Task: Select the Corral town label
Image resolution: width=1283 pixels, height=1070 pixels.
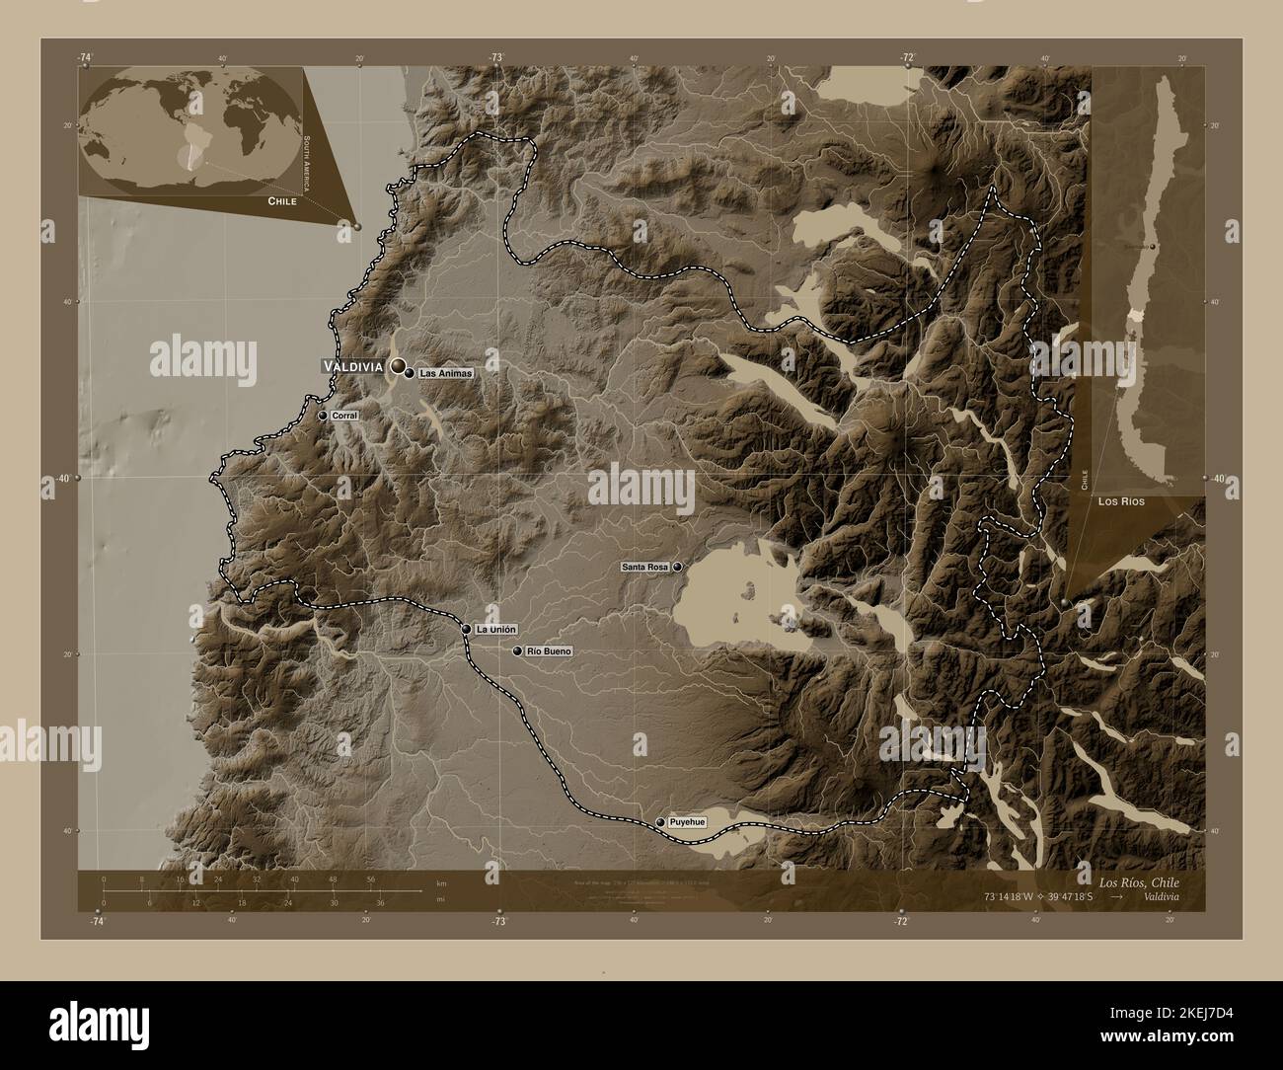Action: (344, 417)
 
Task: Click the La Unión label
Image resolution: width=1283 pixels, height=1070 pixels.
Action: (496, 629)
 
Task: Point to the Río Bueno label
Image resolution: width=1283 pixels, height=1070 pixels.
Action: (549, 651)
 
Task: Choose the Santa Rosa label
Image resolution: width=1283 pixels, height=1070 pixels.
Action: (645, 568)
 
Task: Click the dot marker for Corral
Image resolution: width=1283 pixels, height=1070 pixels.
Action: (323, 417)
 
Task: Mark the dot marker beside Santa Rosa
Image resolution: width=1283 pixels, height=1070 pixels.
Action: (678, 568)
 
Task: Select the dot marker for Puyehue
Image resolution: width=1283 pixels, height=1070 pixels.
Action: (660, 822)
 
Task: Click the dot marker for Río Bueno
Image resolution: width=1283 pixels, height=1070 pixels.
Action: (517, 651)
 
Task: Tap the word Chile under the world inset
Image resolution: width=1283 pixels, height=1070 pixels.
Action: (281, 201)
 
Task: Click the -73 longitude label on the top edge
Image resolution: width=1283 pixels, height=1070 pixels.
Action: (495, 58)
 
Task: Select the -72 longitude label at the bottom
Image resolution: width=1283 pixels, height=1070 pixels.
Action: (900, 921)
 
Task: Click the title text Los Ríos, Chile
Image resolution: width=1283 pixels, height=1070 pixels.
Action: (1137, 881)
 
